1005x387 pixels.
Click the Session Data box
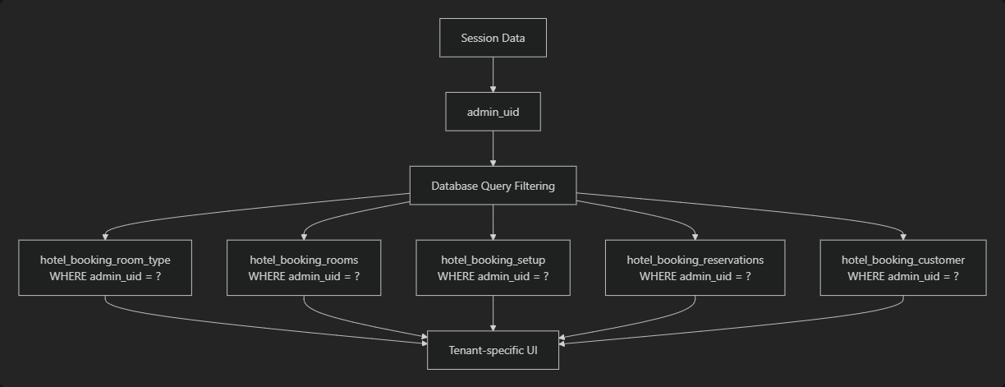[493, 38]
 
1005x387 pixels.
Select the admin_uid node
[493, 112]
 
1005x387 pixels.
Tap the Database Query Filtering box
[493, 186]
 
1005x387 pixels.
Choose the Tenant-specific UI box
[493, 350]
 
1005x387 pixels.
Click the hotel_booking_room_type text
[105, 260]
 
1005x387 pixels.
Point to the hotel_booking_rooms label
[304, 260]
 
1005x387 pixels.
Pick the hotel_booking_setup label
[493, 260]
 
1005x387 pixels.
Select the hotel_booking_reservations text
[695, 260]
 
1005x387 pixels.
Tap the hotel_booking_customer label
[903, 260]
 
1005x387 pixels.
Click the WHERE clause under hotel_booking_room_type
[105, 276]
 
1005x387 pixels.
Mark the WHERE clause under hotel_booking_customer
[903, 276]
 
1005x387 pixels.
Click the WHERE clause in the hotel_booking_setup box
[493, 276]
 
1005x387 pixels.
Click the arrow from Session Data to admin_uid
[493, 74]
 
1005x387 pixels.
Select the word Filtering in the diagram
[531, 186]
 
